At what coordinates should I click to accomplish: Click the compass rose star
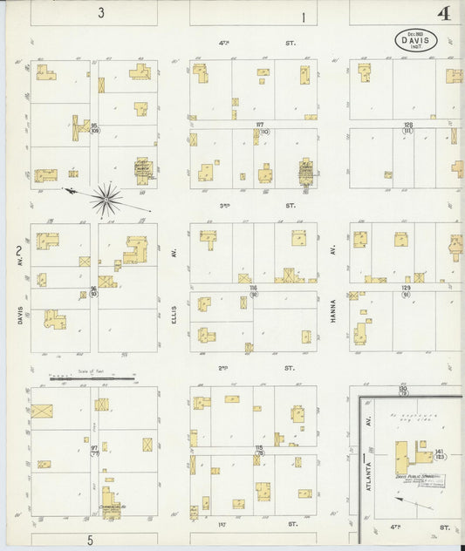tap(106, 200)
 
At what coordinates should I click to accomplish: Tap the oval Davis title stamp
tap(416, 39)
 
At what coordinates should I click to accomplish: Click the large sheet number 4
tap(444, 14)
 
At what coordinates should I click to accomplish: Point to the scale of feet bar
tap(92, 378)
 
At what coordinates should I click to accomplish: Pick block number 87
tap(259, 125)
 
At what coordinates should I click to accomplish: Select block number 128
tap(407, 125)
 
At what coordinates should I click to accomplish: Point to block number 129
tap(406, 287)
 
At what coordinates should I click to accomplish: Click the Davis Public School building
tap(402, 457)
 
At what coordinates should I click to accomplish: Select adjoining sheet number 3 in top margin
tap(101, 13)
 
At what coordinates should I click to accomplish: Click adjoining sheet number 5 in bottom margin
tap(89, 540)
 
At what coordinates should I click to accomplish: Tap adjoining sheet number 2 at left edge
tap(18, 252)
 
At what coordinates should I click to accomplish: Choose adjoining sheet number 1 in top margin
tap(304, 17)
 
